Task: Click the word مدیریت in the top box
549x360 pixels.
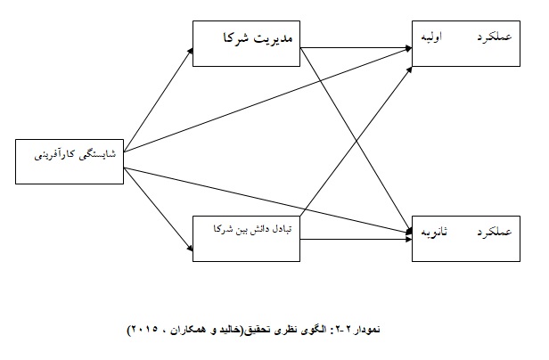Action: tap(273, 37)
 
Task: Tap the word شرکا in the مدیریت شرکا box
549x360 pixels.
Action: tap(236, 37)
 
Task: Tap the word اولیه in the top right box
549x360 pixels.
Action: tap(431, 37)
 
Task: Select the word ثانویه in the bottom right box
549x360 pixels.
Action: tap(434, 232)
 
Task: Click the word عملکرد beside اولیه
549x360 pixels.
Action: tap(495, 37)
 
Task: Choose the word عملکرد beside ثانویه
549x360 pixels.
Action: tap(495, 232)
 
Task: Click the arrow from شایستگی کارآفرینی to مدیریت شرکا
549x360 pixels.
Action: tap(159, 100)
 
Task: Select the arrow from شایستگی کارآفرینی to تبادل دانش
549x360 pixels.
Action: tap(159, 209)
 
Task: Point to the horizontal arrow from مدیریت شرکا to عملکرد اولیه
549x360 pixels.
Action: tap(356, 47)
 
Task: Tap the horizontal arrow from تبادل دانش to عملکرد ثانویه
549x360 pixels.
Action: tap(356, 239)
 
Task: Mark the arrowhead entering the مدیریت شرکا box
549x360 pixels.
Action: tap(191, 51)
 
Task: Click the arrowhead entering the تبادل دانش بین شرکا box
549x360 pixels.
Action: tap(191, 249)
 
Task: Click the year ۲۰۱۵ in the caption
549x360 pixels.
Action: tap(143, 330)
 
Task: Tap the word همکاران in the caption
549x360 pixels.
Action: tap(188, 330)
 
